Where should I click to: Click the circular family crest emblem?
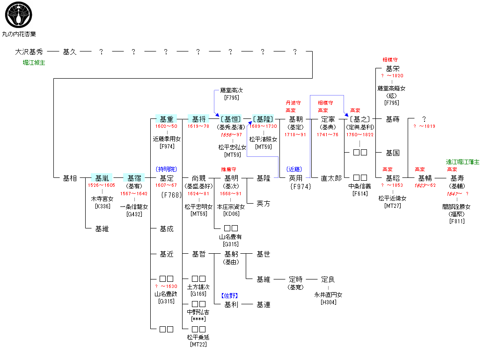click(18, 15)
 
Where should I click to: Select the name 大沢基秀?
click(29, 52)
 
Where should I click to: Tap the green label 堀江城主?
click(34, 63)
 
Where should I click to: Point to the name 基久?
click(69, 52)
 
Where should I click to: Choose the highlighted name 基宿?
click(134, 178)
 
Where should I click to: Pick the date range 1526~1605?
click(102, 185)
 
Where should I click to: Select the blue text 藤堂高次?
click(232, 90)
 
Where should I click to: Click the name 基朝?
click(296, 119)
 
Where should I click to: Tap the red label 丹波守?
click(293, 103)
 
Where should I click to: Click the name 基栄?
click(392, 69)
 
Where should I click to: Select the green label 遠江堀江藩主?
click(462, 162)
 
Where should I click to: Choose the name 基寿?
click(457, 178)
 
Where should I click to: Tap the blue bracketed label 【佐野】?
click(229, 295)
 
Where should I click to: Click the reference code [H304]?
click(328, 302)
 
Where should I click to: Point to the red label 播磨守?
click(228, 169)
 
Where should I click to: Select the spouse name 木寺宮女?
click(102, 199)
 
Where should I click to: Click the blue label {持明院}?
click(167, 169)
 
